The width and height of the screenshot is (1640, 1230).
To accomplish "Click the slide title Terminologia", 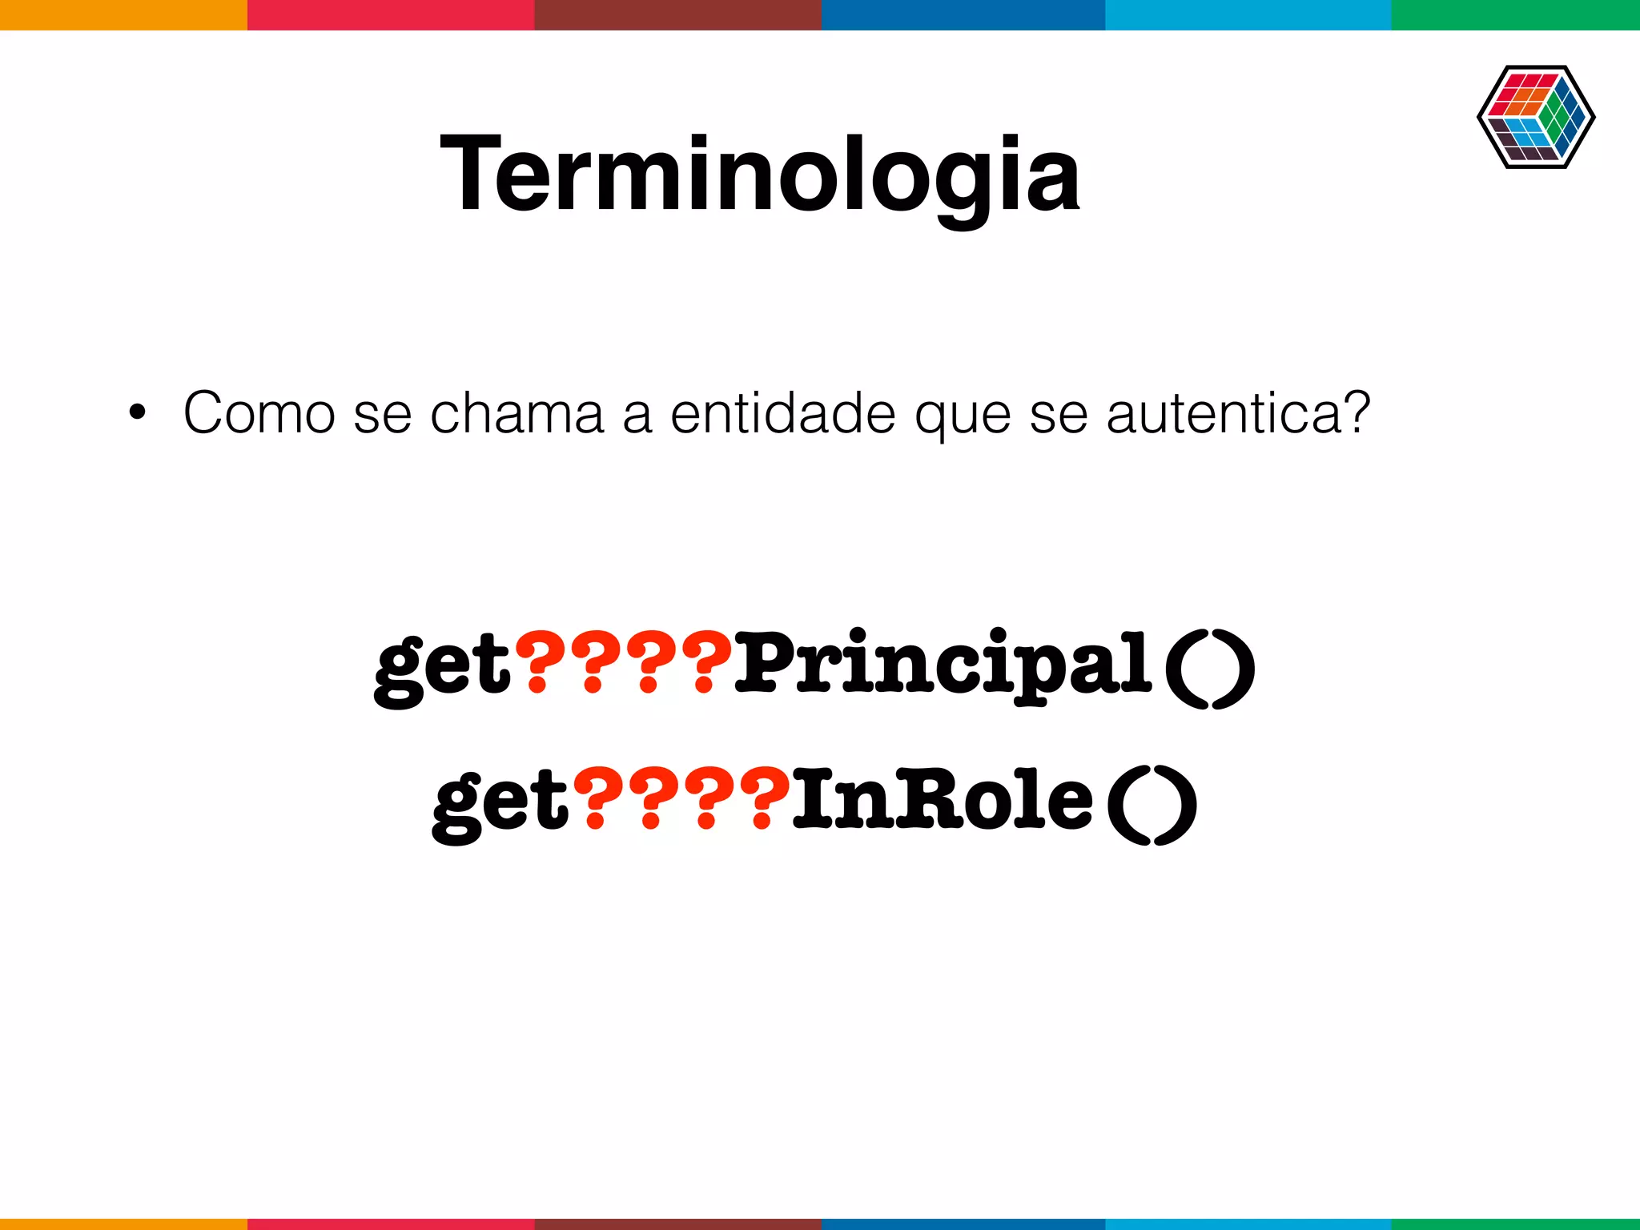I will coord(760,175).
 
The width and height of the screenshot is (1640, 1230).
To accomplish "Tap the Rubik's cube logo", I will coord(1535,117).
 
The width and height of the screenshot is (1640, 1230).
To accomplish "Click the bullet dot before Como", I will coord(138,413).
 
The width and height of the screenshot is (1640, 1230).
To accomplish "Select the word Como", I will coord(259,413).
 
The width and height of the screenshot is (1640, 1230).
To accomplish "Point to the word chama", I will coord(517,413).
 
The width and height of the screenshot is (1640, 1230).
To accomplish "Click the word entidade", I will coord(782,413).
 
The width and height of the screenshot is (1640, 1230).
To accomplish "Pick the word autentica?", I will coord(1238,413).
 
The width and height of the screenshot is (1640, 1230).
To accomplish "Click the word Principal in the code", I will coord(943,665).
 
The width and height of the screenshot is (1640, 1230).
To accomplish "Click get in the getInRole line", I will coord(500,801).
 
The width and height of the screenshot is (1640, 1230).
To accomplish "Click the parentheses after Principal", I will coord(1209,668).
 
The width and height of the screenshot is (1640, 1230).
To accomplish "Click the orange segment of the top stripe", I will coord(123,14).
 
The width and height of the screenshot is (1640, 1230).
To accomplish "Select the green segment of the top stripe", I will coord(1515,14).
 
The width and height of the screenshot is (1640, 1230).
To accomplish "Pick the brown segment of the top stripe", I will coord(677,14).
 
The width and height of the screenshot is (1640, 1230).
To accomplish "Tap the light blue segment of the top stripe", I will coord(1248,14).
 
